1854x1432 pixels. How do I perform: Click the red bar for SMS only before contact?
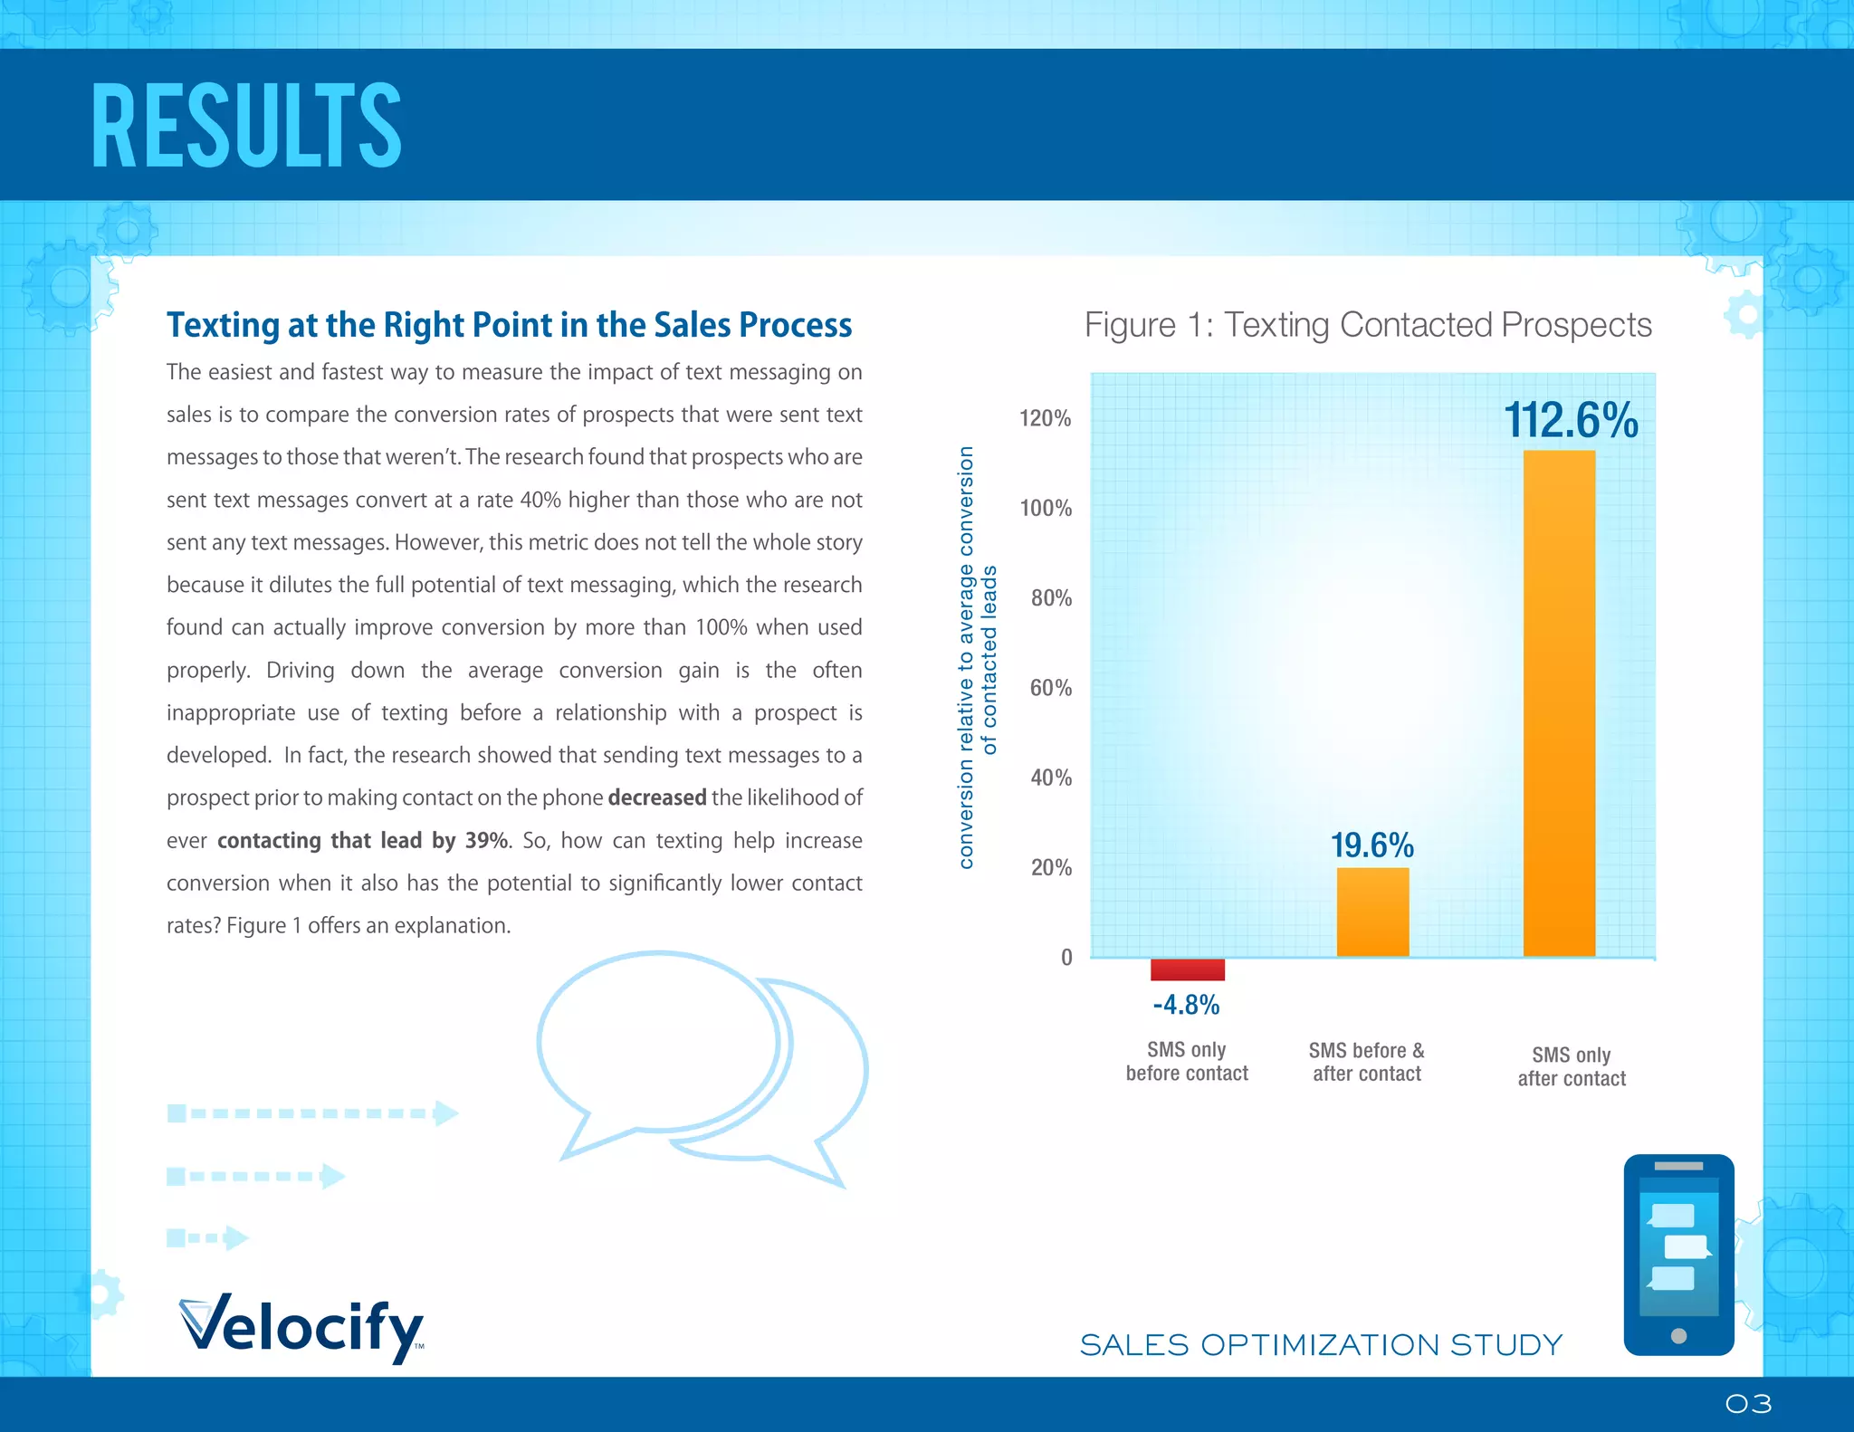1187,969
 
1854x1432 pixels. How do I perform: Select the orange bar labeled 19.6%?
1372,912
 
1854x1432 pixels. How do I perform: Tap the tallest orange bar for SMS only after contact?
1559,703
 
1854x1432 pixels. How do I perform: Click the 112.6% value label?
1571,421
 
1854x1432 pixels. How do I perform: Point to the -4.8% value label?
1186,1005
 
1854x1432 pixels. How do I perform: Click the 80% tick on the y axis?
1051,598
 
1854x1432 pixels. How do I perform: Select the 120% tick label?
1046,418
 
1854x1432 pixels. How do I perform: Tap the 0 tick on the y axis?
1066,958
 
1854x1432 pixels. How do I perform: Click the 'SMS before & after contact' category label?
1367,1062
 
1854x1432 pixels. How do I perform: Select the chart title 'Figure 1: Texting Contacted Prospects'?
1368,325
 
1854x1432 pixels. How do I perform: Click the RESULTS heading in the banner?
246,127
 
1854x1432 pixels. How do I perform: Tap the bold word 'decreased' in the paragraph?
656,797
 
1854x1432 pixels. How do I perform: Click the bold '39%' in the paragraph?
486,840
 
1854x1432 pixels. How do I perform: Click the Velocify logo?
301,1327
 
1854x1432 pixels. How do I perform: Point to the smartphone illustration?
1678,1255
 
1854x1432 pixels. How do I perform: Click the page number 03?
1748,1404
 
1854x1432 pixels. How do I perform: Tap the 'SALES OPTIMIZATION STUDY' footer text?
1321,1345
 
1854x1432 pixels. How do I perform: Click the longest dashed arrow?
312,1112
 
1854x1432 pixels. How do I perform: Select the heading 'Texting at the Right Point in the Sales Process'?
509,325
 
